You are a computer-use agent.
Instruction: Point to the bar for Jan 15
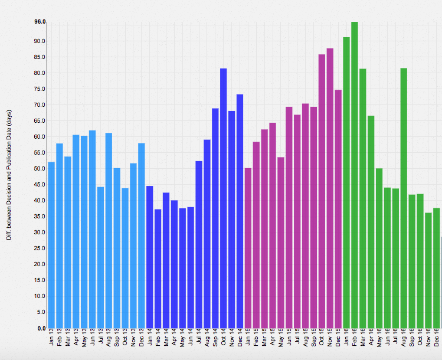click(248, 248)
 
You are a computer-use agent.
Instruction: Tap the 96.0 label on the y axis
click(40, 22)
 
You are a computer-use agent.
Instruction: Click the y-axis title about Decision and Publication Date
click(9, 175)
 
